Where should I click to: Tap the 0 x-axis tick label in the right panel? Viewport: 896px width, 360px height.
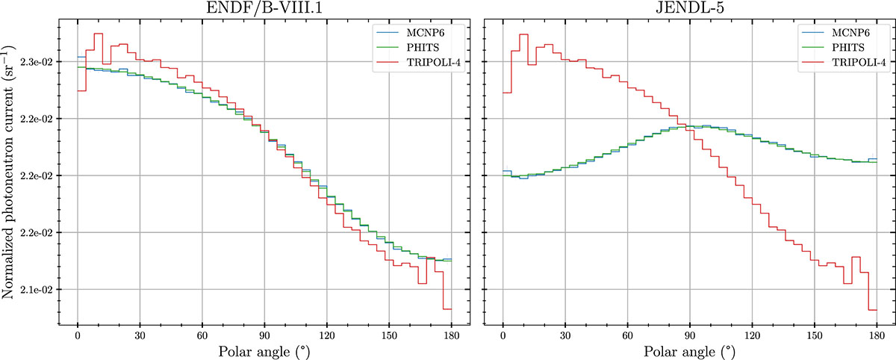503,333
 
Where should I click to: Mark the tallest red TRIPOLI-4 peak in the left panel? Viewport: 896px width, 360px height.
97,34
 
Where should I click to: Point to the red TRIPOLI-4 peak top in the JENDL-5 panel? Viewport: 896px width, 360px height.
523,34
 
